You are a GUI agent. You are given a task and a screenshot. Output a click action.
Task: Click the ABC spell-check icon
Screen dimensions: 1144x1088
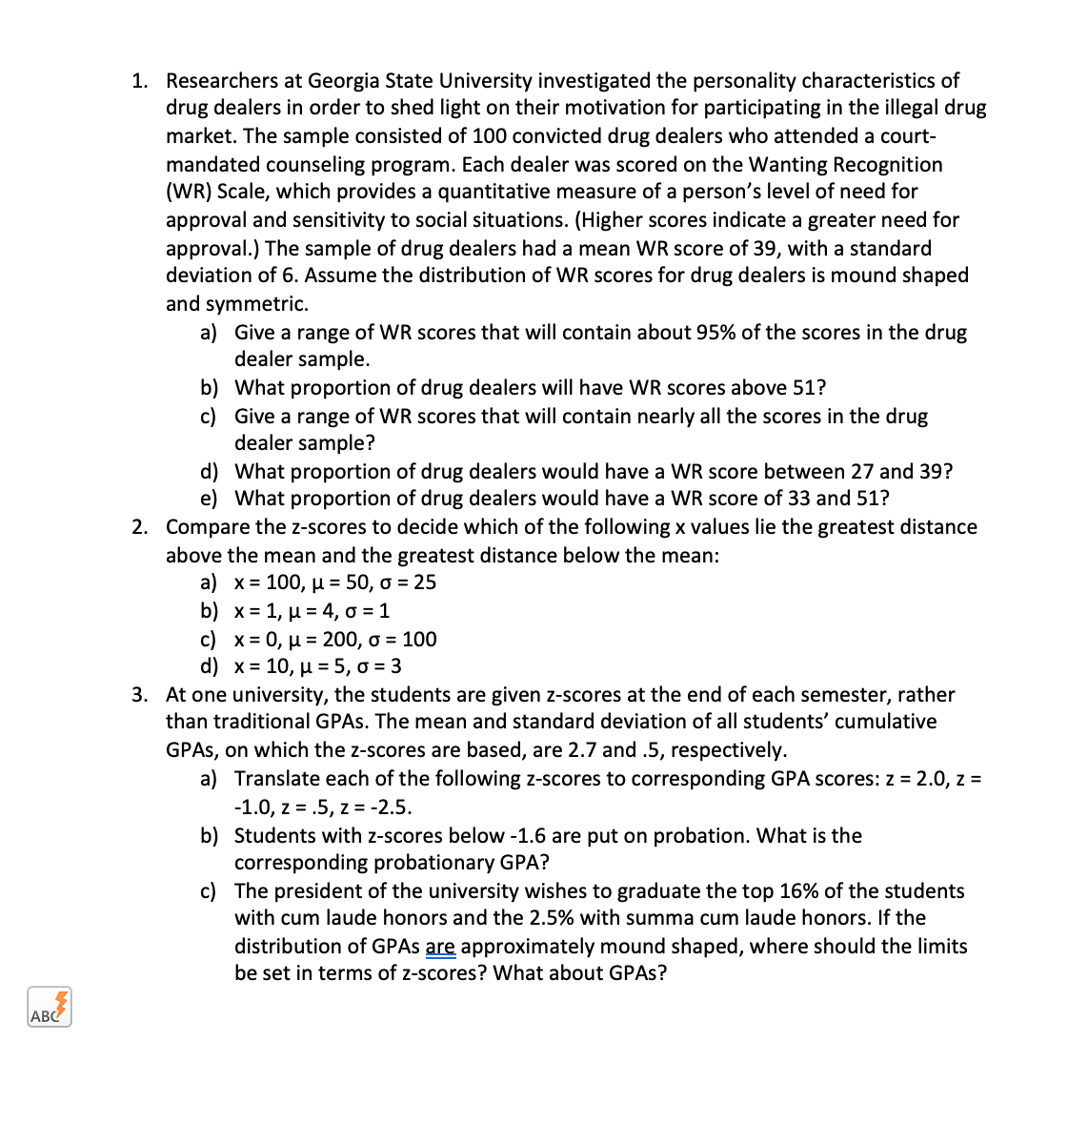click(50, 1008)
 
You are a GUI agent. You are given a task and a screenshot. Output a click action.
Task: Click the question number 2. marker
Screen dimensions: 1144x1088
click(140, 527)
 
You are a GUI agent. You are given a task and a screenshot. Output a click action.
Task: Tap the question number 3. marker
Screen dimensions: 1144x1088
click(140, 695)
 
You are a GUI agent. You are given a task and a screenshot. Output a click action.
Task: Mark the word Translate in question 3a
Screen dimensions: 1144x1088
click(275, 779)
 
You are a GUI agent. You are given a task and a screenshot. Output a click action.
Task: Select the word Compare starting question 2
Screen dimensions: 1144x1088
click(208, 527)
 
